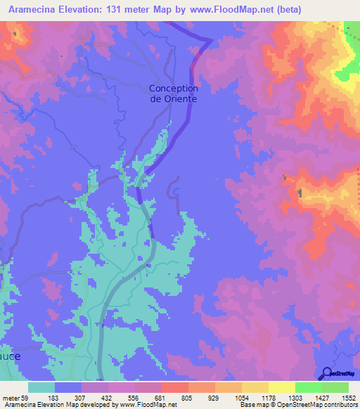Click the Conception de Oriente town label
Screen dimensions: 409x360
tap(173, 93)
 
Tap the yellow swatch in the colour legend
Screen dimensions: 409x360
tap(282, 387)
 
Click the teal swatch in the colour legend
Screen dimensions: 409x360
tap(41, 387)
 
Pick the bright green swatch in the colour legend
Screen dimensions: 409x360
tap(309, 387)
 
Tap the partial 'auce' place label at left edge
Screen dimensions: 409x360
tap(10, 356)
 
